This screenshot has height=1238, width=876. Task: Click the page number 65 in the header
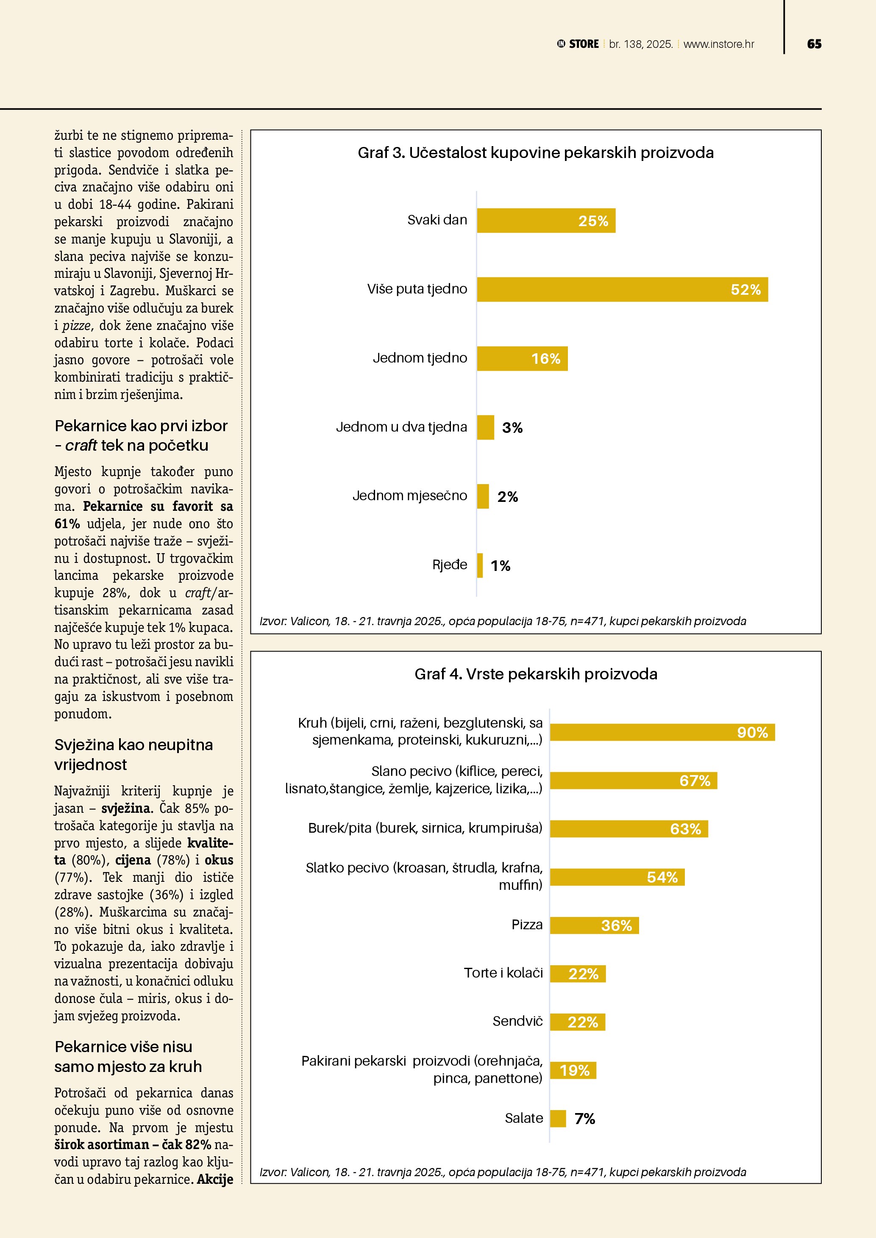click(814, 44)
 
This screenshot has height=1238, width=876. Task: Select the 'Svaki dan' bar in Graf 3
click(546, 221)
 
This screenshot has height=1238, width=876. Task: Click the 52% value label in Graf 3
click(745, 290)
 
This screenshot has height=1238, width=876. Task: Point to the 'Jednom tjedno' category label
click(420, 358)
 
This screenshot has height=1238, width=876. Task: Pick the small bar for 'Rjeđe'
click(480, 565)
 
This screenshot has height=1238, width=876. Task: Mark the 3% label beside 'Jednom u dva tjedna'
click(512, 428)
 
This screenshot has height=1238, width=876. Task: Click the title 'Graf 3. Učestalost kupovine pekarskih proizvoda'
click(535, 153)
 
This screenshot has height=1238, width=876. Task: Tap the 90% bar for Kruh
click(662, 732)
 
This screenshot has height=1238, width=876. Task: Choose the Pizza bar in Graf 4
click(594, 925)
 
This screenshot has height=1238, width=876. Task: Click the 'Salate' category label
click(523, 1118)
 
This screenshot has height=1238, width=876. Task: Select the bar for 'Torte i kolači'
click(578, 974)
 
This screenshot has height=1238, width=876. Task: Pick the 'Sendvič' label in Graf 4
click(517, 1021)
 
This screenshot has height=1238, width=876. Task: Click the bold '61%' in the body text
click(67, 523)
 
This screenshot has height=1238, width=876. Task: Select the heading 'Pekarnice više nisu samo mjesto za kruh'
click(128, 1056)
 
